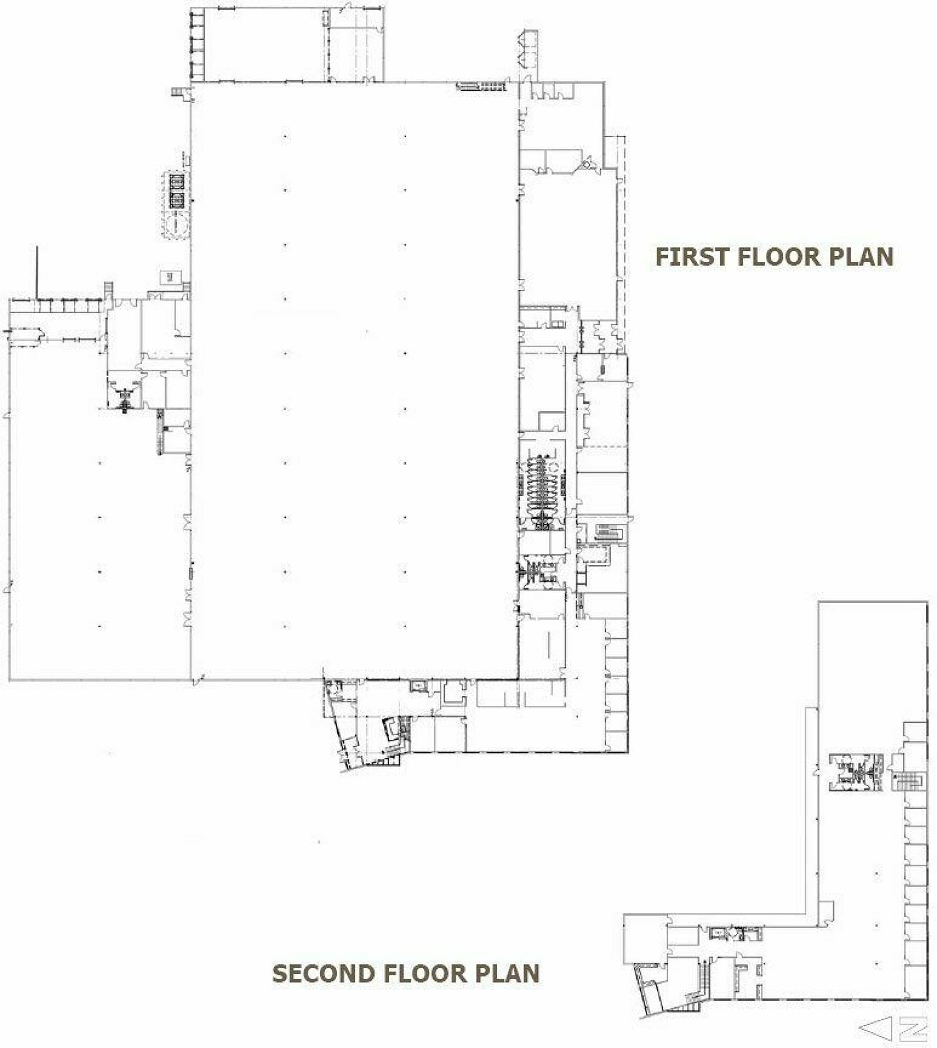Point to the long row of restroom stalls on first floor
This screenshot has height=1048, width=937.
(542, 489)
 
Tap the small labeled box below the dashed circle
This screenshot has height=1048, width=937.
(170, 277)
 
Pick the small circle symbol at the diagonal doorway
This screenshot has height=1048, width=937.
(587, 164)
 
